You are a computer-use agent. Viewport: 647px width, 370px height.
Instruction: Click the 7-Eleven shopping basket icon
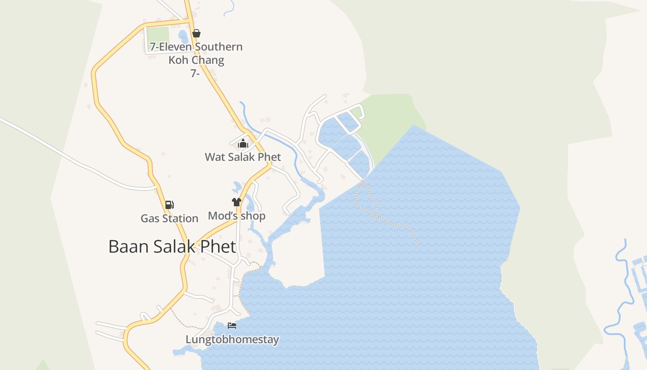(x=196, y=33)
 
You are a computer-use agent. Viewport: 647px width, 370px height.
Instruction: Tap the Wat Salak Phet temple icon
(x=243, y=144)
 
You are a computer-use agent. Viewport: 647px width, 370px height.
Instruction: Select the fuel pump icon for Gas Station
(x=170, y=205)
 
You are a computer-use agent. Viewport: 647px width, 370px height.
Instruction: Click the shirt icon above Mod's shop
(x=237, y=202)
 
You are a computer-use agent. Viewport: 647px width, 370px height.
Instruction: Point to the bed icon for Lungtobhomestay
(x=232, y=326)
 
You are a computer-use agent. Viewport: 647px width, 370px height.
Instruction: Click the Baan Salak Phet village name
(x=172, y=247)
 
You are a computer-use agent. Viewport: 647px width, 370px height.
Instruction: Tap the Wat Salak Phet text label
(x=243, y=157)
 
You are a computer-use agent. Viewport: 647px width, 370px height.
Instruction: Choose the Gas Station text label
(x=169, y=218)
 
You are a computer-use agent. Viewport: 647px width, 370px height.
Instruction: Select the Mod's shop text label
(x=237, y=216)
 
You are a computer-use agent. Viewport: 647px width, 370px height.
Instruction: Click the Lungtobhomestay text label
(x=232, y=340)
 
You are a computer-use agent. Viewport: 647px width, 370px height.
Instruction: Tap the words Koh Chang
(x=196, y=60)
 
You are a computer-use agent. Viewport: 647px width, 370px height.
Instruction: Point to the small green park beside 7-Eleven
(x=158, y=34)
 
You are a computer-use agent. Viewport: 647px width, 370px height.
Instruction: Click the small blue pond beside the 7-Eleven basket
(x=183, y=35)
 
